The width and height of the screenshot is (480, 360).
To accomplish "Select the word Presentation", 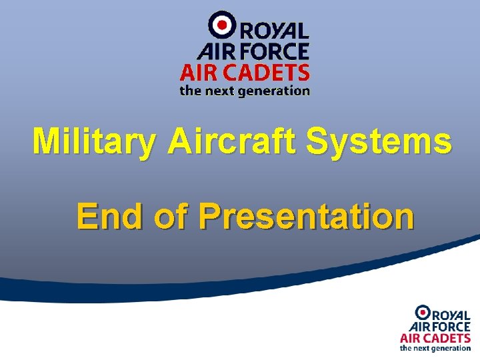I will (306, 217).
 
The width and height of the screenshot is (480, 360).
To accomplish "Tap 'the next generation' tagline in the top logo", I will (245, 91).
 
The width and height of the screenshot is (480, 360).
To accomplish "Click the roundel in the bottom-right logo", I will (423, 311).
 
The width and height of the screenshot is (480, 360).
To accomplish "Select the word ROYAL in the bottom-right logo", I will (451, 315).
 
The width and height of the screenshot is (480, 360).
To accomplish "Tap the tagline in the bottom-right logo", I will (435, 348).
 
